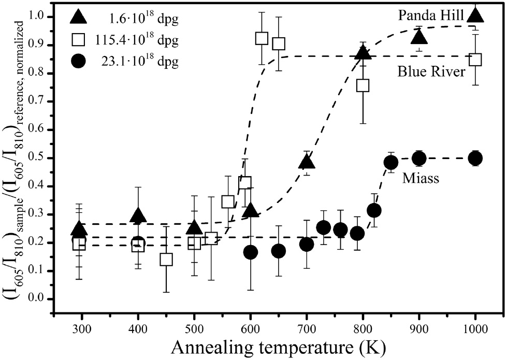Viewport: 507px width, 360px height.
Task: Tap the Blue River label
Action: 431,73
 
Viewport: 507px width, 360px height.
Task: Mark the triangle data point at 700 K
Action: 307,162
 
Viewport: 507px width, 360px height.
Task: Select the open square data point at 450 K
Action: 166,259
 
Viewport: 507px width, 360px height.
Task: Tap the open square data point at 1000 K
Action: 475,59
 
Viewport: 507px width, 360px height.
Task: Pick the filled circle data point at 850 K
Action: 391,162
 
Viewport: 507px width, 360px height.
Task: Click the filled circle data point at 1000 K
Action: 475,158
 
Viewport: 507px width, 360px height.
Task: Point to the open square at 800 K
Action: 363,85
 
